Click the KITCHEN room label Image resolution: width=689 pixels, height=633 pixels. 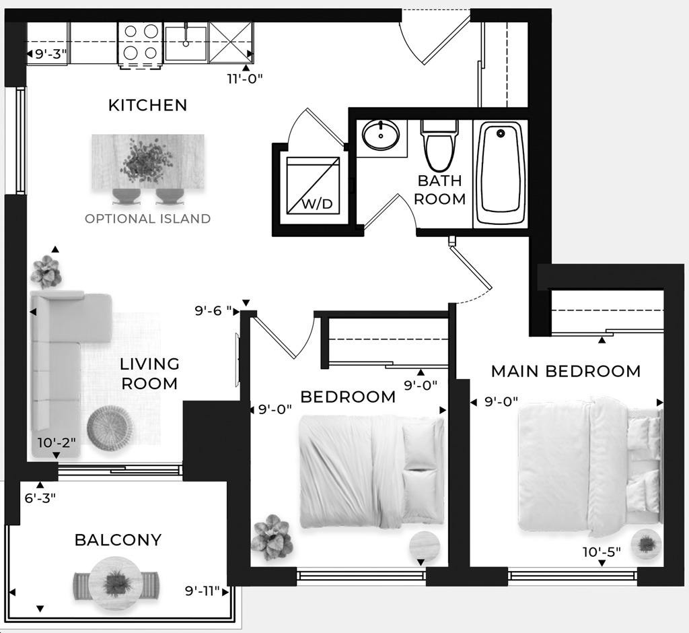pyautogui.click(x=147, y=105)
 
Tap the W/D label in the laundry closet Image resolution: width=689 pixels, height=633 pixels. pyautogui.click(x=317, y=203)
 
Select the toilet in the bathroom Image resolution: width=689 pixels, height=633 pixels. pyautogui.click(x=439, y=145)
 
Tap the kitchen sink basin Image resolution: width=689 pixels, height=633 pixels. pyautogui.click(x=186, y=44)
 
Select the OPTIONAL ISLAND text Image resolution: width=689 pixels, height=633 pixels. pyautogui.click(x=147, y=219)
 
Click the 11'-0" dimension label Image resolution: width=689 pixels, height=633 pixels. pyautogui.click(x=245, y=79)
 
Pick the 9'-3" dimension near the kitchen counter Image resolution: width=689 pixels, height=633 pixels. pyautogui.click(x=51, y=54)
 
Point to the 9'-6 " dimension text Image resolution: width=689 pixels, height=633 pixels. pyautogui.click(x=213, y=311)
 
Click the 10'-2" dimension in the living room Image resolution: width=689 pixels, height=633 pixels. pyautogui.click(x=57, y=442)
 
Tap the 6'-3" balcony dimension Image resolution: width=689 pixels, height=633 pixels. pyautogui.click(x=40, y=498)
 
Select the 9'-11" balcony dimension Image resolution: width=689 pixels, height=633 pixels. pyautogui.click(x=202, y=591)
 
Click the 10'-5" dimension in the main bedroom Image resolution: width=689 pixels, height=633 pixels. pyautogui.click(x=602, y=552)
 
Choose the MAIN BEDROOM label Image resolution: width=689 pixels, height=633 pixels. pyautogui.click(x=566, y=372)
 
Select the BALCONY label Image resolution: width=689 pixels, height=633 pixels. pyautogui.click(x=118, y=540)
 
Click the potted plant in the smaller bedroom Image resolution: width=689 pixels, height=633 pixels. pyautogui.click(x=273, y=537)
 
